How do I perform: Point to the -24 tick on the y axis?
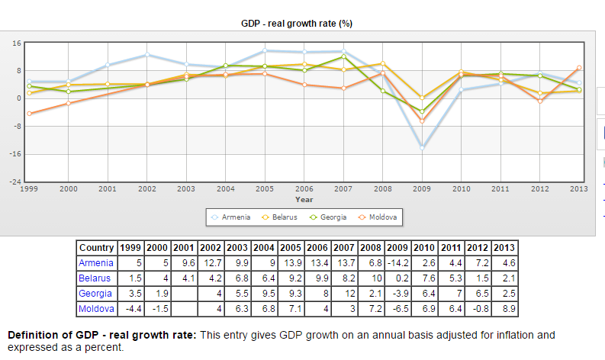pos(14,182)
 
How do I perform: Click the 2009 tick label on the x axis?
pos(421,189)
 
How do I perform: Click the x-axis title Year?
pos(304,199)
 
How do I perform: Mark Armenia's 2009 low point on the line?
pos(421,147)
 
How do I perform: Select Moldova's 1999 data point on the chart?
pos(29,114)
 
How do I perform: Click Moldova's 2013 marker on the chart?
pos(579,68)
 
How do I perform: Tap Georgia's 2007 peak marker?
pos(343,56)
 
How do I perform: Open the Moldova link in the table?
pos(96,309)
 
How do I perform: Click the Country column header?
pos(97,248)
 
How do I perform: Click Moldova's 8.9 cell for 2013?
pos(504,309)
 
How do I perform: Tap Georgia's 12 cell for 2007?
pos(349,294)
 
